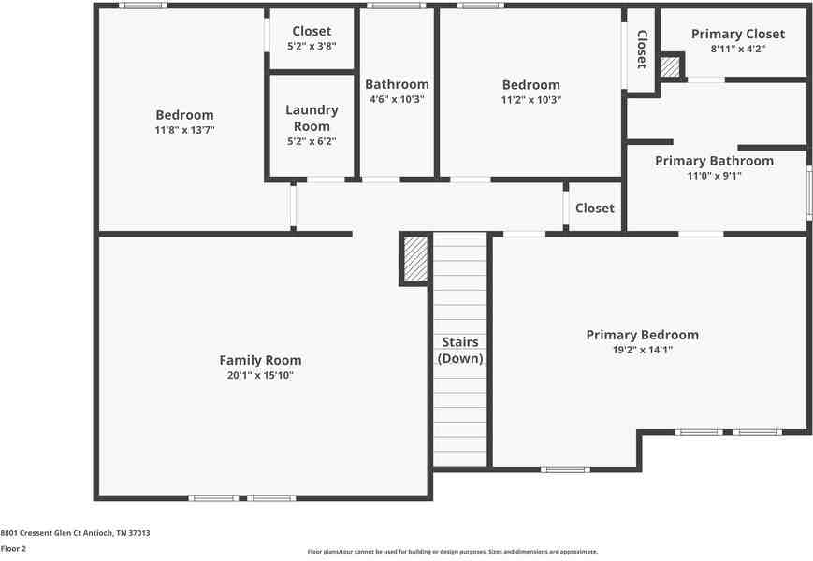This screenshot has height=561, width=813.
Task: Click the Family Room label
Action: [260, 360]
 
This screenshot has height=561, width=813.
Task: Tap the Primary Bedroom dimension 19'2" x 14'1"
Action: [642, 350]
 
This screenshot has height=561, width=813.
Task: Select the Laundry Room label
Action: [312, 118]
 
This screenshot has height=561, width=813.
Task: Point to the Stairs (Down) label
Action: [460, 351]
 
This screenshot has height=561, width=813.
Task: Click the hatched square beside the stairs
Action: [416, 258]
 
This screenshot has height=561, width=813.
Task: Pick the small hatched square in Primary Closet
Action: [671, 67]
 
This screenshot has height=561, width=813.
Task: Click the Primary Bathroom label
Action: [714, 161]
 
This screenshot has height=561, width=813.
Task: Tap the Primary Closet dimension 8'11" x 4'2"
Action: [738, 49]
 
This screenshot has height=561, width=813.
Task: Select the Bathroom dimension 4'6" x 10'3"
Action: [397, 99]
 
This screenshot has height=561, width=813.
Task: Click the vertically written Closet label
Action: [642, 50]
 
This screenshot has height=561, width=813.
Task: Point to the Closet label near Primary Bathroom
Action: [594, 208]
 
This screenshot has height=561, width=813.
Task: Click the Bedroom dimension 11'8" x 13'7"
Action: [184, 130]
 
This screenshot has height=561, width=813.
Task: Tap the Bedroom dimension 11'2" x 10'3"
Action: [530, 100]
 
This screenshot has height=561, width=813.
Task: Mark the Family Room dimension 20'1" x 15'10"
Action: [260, 375]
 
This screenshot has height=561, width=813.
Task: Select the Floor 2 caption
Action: [13, 549]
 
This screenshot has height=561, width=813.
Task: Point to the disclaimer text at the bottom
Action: [452, 552]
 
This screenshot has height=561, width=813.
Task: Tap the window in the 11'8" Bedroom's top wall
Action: [143, 6]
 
